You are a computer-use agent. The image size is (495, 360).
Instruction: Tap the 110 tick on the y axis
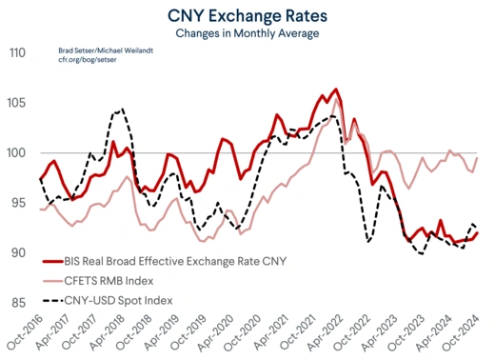click(x=14, y=53)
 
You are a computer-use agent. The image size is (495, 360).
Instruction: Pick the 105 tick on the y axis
click(x=14, y=103)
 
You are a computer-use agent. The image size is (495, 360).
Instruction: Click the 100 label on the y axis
click(x=14, y=153)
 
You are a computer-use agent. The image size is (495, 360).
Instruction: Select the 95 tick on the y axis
click(x=16, y=203)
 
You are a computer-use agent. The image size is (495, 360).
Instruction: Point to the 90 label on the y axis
click(x=16, y=253)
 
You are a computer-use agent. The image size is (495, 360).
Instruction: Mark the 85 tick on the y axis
click(x=16, y=303)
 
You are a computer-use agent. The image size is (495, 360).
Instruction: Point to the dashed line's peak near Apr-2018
click(x=119, y=110)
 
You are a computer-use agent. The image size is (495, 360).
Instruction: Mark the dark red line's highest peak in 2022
click(x=336, y=90)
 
